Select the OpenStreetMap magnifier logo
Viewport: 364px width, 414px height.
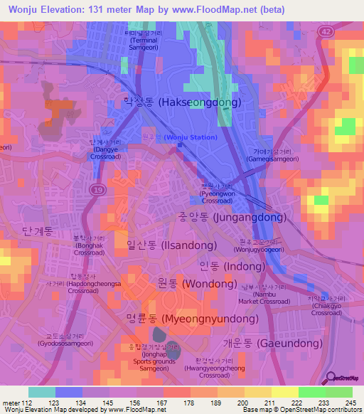coord(331,378)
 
